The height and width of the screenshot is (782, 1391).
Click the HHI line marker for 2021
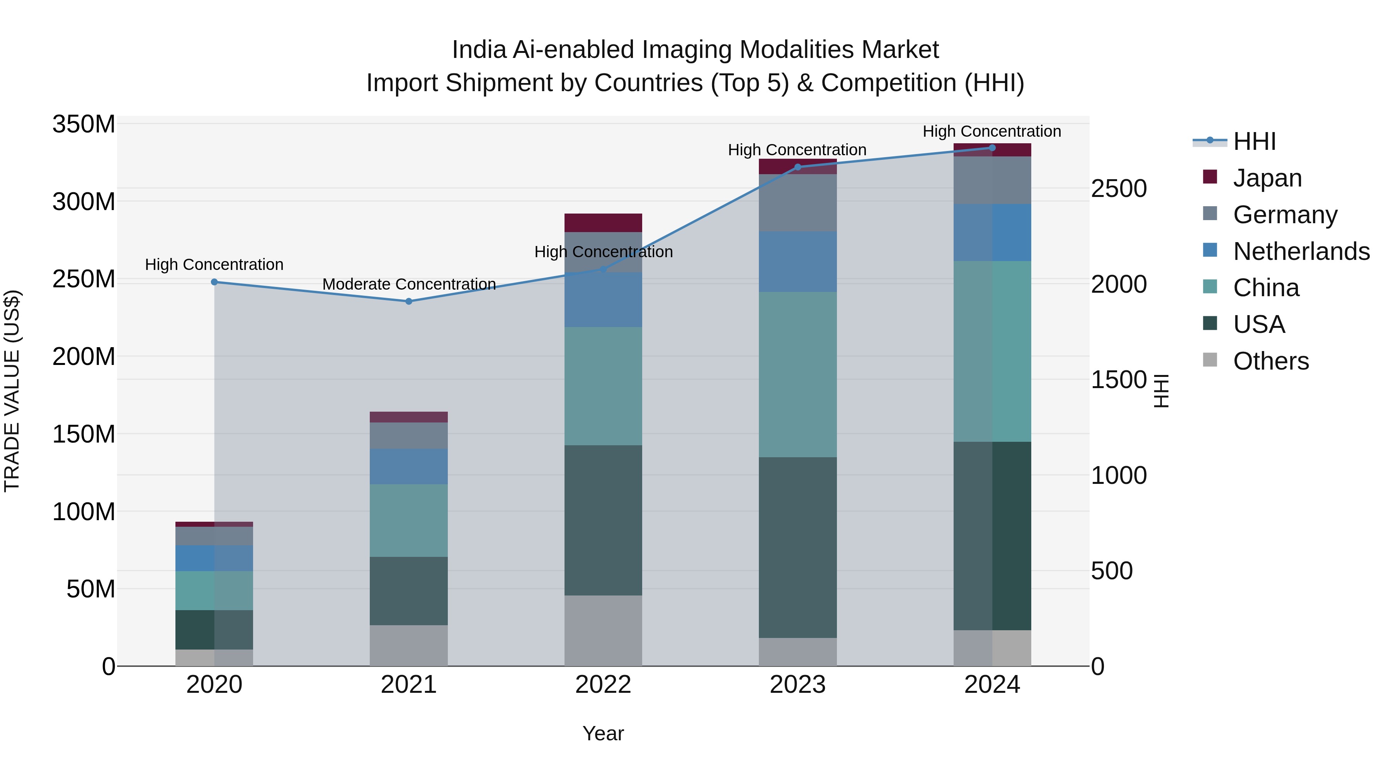point(409,301)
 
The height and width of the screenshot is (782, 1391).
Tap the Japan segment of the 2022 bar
point(603,223)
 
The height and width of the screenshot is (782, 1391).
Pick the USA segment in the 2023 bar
point(798,547)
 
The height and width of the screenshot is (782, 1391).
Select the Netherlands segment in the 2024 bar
point(992,232)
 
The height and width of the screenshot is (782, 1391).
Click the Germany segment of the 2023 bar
point(798,203)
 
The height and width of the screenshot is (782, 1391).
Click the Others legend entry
point(1270,361)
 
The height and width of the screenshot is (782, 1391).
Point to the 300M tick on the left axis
point(84,202)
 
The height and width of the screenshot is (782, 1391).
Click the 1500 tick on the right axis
point(1118,380)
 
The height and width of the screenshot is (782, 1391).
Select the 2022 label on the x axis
point(603,685)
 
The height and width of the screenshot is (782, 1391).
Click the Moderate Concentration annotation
point(409,284)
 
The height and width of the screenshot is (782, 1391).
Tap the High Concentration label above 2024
point(991,131)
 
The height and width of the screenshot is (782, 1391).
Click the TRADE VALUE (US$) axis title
point(12,391)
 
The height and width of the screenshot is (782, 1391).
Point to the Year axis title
point(603,733)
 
